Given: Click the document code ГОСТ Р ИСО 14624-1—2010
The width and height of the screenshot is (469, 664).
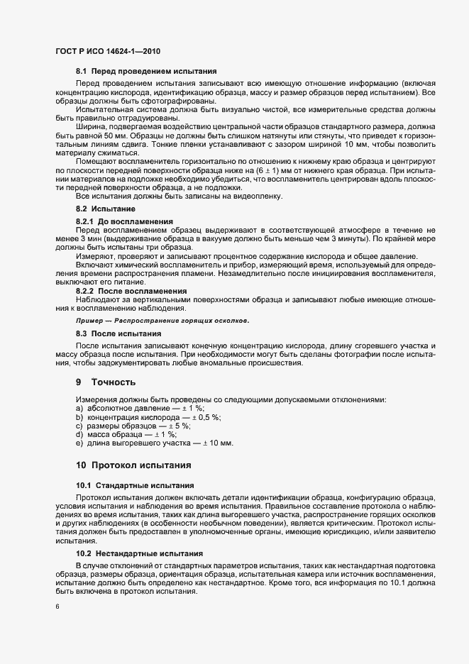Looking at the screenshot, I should pos(107,51).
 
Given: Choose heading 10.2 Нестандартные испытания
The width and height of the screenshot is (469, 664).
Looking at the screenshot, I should pos(139,553).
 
